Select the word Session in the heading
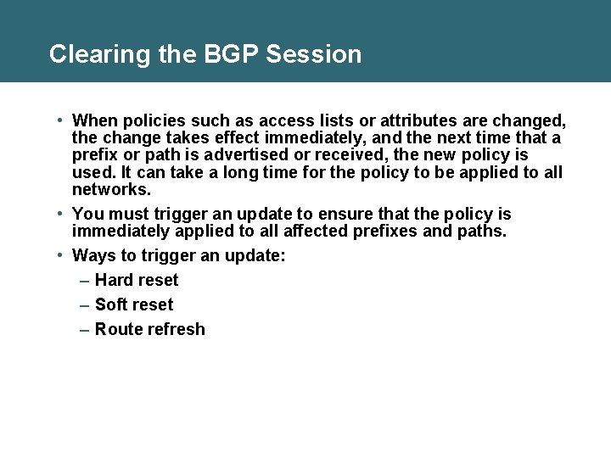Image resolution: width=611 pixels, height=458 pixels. (x=313, y=54)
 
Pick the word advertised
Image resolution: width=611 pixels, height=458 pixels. (x=274, y=154)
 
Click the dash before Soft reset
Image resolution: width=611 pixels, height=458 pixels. (x=85, y=304)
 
